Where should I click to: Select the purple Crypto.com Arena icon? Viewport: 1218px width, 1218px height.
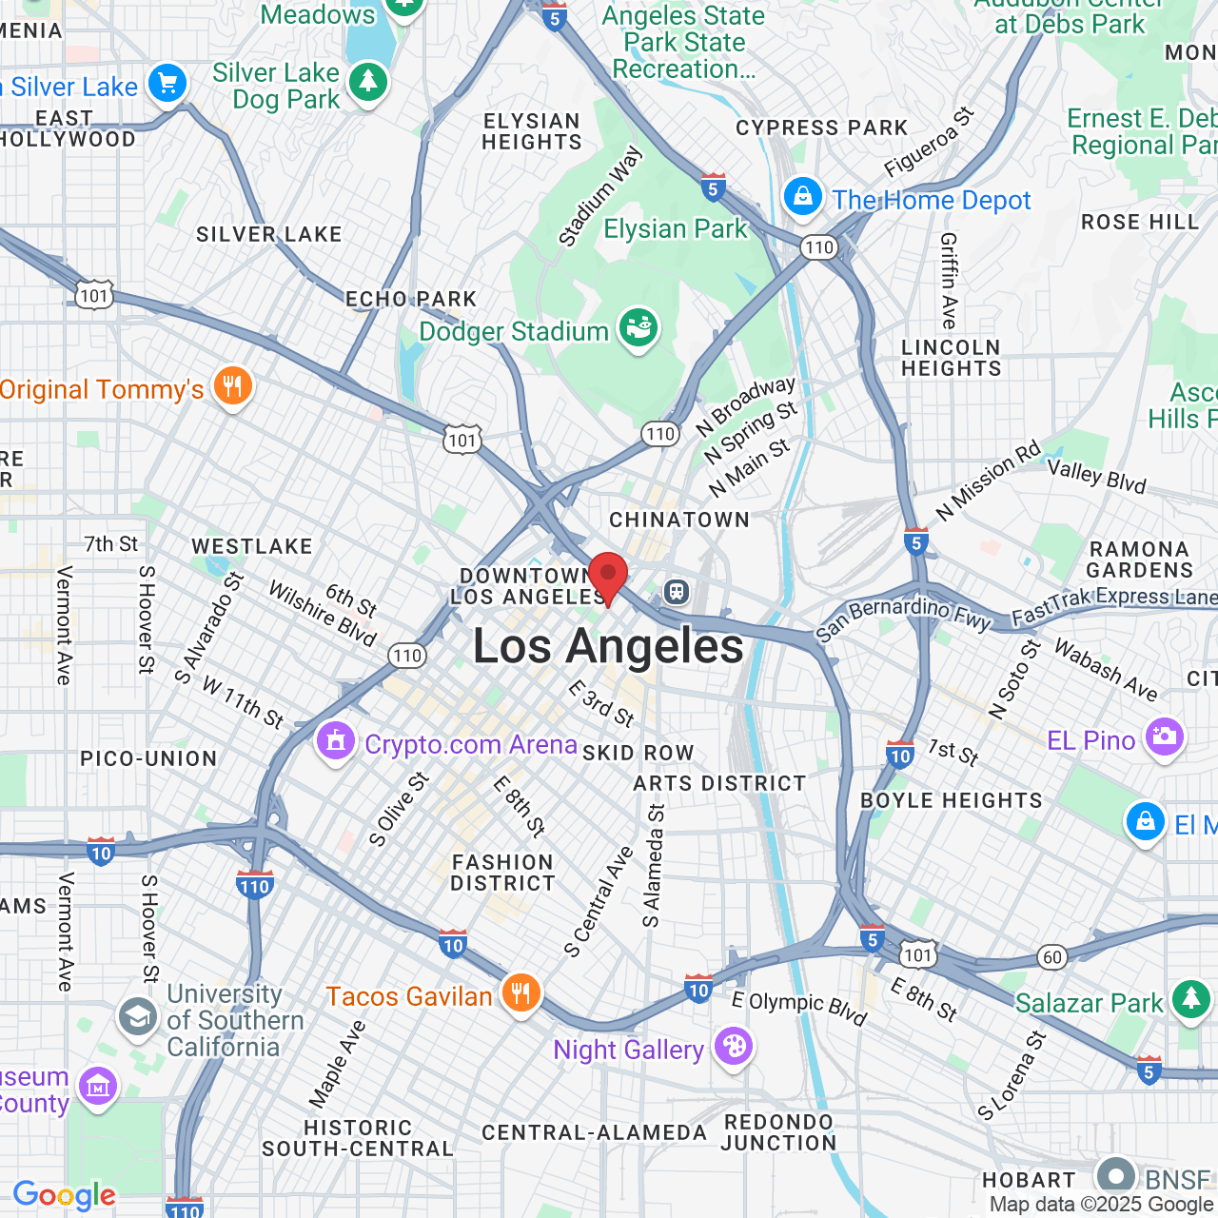335,743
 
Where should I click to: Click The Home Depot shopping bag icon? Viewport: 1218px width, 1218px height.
802,198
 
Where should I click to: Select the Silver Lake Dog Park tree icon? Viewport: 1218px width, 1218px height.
367,83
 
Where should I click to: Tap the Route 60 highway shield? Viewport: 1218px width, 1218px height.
1051,957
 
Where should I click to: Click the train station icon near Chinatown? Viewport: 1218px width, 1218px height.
677,592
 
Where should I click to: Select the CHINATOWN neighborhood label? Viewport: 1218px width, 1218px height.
679,520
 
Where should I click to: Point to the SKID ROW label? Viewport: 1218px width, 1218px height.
638,753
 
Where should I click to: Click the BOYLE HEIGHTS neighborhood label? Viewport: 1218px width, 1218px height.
952,800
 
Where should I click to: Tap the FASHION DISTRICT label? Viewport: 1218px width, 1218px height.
502,873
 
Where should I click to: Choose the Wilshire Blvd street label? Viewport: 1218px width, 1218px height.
323,614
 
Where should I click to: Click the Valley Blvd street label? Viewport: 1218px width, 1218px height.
1096,476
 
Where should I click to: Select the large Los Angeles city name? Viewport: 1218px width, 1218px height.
609,647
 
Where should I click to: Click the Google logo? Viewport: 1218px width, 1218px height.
64,1195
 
